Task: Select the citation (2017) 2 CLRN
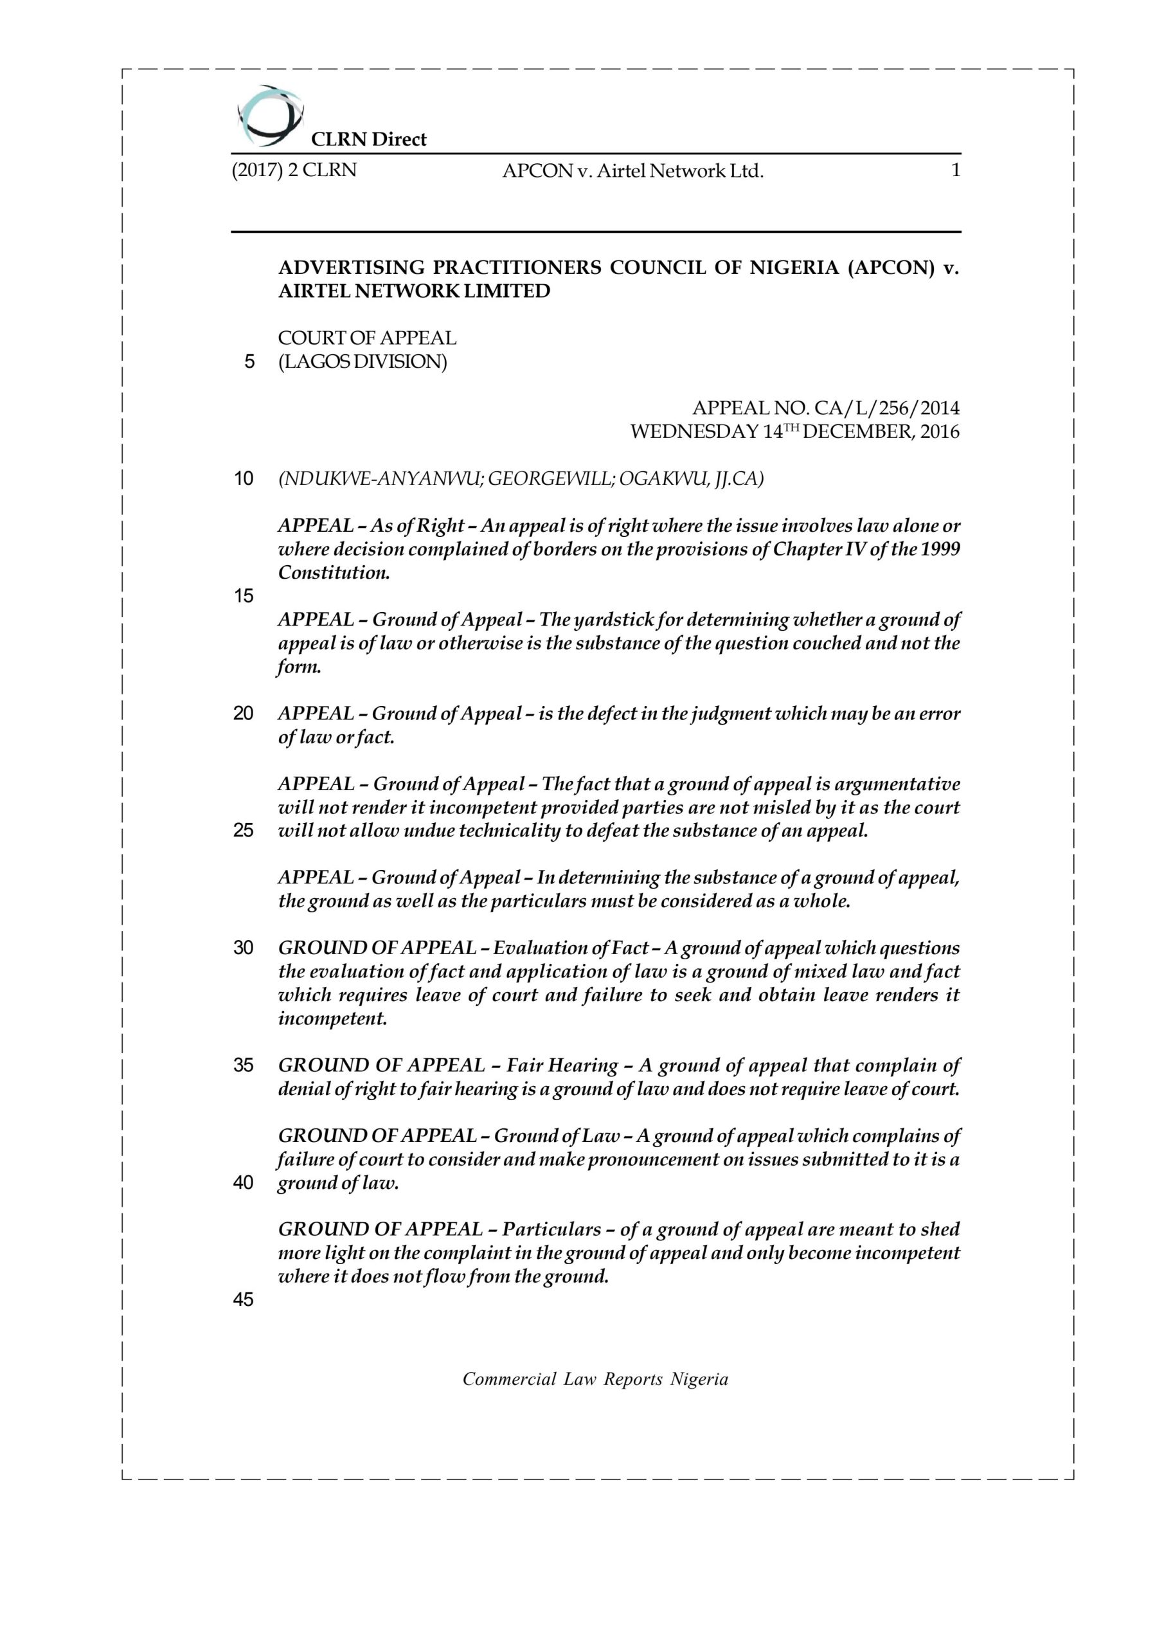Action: [x=294, y=170]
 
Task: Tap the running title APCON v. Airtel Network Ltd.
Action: [x=633, y=171]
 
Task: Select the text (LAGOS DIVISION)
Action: [x=363, y=361]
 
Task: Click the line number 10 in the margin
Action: [x=244, y=479]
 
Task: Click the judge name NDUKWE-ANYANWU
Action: [x=379, y=479]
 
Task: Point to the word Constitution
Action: [x=334, y=573]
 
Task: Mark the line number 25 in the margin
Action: [x=244, y=831]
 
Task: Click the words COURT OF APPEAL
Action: [x=367, y=338]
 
